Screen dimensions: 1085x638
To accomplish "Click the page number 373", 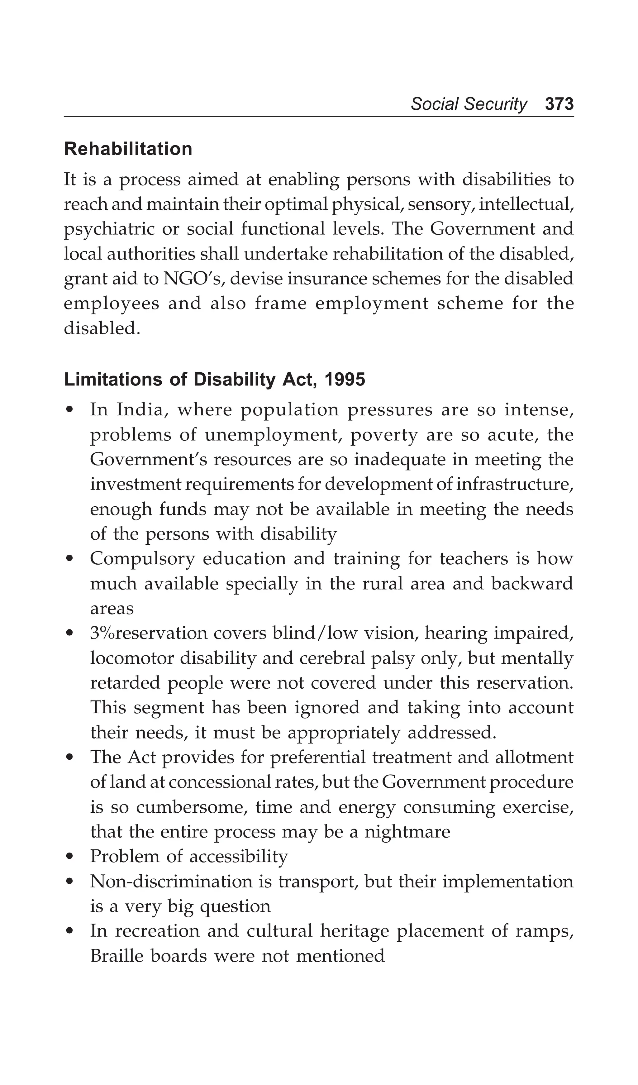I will click(559, 104).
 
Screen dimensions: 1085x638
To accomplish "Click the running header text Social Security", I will click(469, 104).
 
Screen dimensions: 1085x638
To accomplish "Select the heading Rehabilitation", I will click(128, 149).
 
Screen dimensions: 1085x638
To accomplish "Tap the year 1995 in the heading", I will click(345, 380).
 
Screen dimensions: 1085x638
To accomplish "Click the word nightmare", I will click(407, 832).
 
